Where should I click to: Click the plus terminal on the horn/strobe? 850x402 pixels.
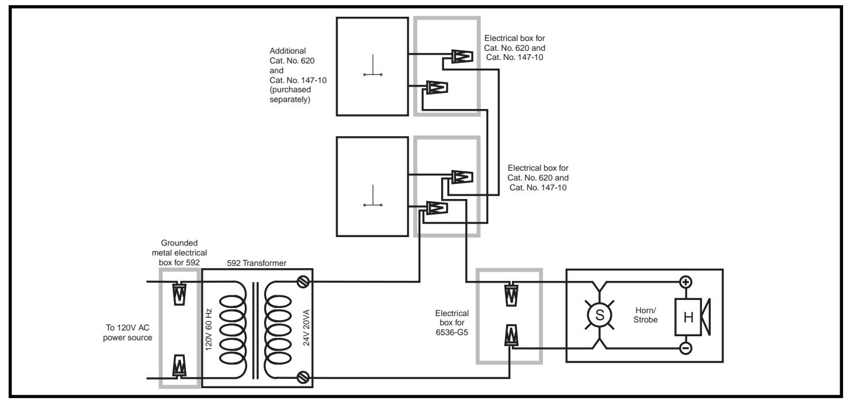coord(685,282)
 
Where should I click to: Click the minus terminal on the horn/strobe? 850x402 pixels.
coord(685,348)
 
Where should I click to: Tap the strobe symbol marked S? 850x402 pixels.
coord(599,315)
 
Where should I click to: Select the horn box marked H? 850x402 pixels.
coord(688,317)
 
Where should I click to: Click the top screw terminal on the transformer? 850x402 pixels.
coord(303,282)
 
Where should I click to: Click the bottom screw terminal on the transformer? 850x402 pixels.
coord(303,377)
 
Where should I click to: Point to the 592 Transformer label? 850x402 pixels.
coord(256,263)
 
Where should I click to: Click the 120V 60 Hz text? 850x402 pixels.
coord(208,329)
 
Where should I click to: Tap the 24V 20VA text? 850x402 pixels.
coord(306,328)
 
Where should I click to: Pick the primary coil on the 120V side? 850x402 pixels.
coord(232,330)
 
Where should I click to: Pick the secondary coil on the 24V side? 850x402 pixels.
coord(278,330)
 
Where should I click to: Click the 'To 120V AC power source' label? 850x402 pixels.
coord(127,332)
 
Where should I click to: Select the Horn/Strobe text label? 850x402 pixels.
coord(645,315)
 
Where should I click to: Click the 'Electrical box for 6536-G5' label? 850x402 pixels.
coord(451,322)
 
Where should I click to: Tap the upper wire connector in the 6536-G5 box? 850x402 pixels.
coord(511,294)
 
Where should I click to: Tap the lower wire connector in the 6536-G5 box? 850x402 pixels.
coord(511,335)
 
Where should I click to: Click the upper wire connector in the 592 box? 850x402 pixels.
coord(179,294)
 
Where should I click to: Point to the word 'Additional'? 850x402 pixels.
coord(287,51)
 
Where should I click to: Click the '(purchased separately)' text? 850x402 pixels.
coord(290,95)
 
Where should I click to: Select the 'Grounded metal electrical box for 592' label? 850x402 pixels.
coord(179,253)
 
